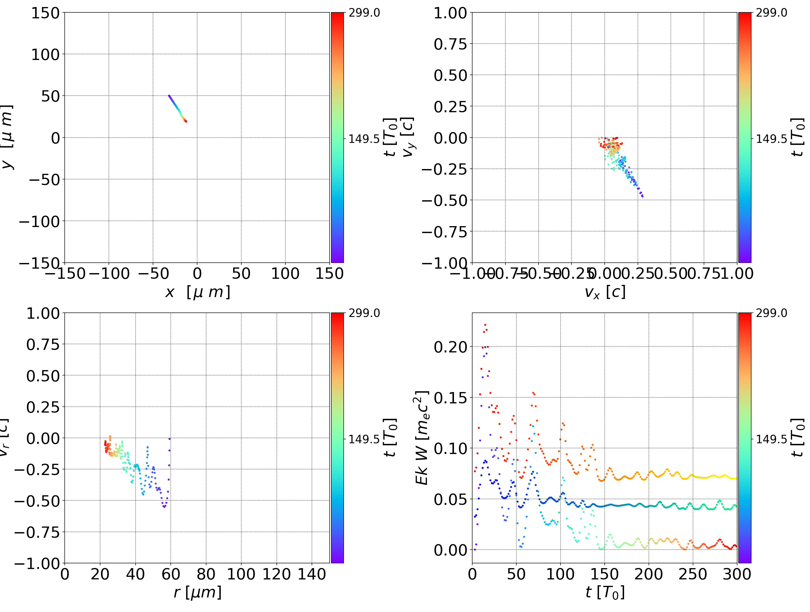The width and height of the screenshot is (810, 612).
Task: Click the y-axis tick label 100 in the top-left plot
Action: coord(45,55)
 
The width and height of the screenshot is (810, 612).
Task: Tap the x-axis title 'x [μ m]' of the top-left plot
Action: coord(198,292)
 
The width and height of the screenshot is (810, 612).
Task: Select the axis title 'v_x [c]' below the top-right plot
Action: coord(605,292)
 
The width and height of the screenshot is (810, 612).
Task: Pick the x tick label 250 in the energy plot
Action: coord(693,574)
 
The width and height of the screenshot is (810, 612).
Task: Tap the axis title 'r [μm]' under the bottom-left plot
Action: coord(198,592)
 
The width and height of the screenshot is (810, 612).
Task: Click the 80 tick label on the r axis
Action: coord(206,574)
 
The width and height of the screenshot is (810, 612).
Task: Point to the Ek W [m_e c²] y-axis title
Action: coord(422,438)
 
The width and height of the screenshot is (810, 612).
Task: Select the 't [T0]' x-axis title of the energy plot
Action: coord(605,592)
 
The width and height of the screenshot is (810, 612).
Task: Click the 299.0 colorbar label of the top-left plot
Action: coord(364,13)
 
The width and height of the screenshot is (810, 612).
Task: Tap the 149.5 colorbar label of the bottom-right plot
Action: coord(771,439)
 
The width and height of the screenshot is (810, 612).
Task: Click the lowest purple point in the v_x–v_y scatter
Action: coord(642,196)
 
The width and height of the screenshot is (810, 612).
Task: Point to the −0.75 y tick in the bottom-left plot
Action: coord(37,532)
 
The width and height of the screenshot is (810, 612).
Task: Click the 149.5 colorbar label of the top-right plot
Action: coord(771,139)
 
